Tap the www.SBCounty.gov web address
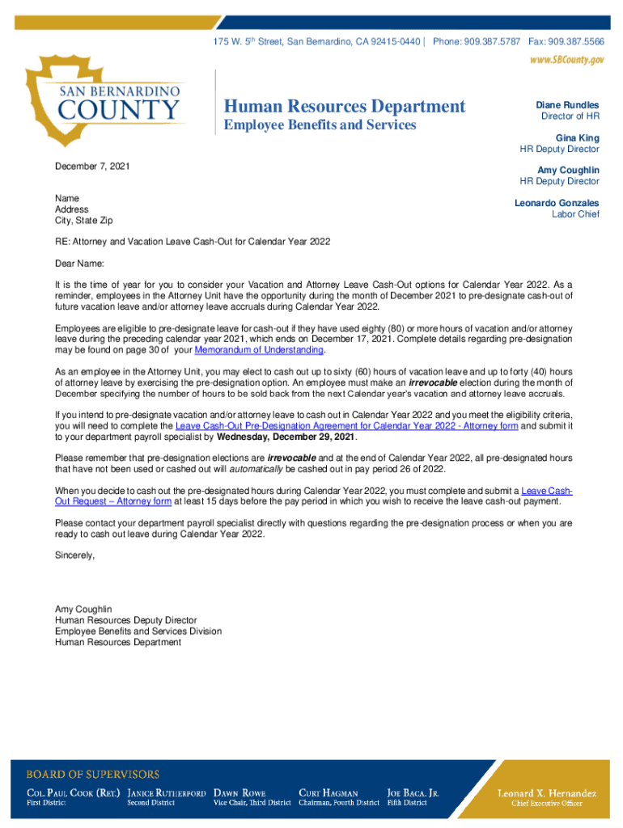click(566, 61)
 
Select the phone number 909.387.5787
click(492, 40)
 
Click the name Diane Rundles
click(567, 105)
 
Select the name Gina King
click(577, 138)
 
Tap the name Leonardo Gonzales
click(557, 203)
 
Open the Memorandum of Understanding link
click(259, 350)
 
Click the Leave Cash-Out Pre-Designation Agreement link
click(346, 425)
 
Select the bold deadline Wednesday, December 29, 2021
click(286, 437)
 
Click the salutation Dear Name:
click(79, 264)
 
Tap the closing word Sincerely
click(74, 556)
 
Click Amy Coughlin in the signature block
click(83, 609)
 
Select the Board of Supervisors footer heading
click(93, 774)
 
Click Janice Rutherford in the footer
click(166, 793)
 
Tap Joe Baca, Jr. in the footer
click(413, 793)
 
